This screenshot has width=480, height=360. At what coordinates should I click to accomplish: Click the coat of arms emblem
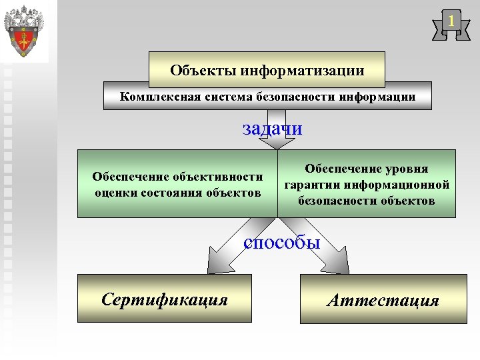coord(24,31)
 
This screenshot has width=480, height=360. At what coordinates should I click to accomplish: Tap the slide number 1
coord(451,22)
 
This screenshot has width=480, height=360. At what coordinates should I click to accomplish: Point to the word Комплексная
coord(153,97)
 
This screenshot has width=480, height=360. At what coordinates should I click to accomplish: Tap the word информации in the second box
coord(377,97)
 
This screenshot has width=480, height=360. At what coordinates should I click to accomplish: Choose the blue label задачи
coord(272,128)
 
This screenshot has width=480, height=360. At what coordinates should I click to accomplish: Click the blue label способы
coord(281,243)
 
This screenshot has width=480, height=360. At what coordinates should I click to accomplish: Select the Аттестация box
coord(383,300)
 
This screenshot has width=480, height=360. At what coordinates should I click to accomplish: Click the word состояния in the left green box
coord(174,193)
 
